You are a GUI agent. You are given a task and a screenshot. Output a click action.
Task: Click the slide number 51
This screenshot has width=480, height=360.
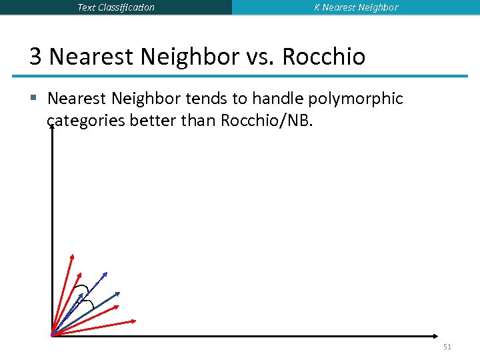[447, 347]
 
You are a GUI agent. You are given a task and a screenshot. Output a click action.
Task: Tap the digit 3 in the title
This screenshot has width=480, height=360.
[35, 57]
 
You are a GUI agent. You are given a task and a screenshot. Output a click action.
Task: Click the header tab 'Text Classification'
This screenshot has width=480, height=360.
[116, 7]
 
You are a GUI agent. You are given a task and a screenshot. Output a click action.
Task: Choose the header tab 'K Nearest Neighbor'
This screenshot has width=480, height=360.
[356, 7]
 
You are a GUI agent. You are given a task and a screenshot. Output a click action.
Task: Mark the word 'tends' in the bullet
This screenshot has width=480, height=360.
[203, 99]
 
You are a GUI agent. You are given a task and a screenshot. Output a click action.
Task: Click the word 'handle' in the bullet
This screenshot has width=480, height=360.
[271, 99]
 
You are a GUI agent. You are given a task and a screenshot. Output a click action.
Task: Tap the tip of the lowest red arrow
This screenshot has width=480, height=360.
[135, 321]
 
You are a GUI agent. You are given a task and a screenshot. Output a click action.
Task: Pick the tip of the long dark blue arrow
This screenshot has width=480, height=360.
[119, 293]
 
